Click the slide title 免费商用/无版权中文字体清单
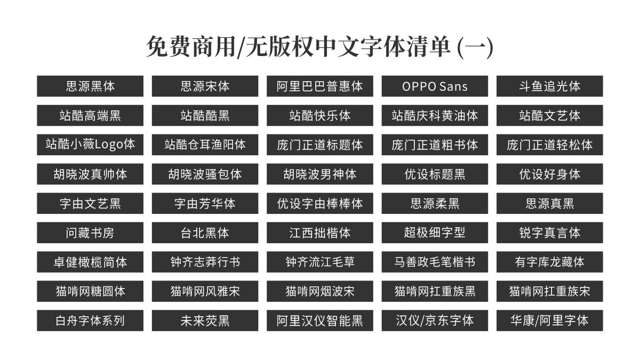319,47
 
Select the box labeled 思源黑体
90,86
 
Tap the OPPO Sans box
435,86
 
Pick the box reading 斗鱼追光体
549,86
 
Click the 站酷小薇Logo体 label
90,145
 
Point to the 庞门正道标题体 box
320,145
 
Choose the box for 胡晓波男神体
320,174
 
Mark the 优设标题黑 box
435,174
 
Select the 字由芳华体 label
205,203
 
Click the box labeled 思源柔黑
435,203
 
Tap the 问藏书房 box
90,233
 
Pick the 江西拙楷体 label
320,233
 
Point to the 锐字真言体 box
549,233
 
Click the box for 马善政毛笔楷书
435,262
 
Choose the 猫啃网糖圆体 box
90,291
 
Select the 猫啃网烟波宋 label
320,291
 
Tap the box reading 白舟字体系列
90,321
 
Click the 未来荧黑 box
205,321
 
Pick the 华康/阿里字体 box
549,321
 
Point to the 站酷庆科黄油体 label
435,115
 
